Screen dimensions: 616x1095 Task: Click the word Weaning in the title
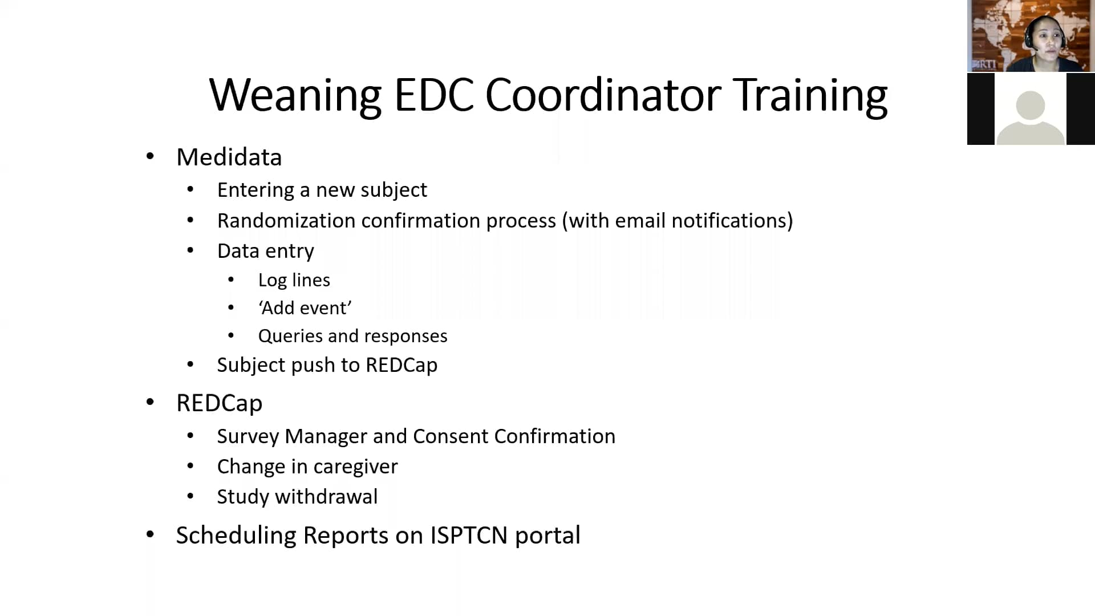295,95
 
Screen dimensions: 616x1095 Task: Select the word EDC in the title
433,95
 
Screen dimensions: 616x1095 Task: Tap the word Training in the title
810,95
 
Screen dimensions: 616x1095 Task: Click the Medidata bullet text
229,157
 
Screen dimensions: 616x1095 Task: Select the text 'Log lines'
294,280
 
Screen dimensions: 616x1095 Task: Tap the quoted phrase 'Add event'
305,308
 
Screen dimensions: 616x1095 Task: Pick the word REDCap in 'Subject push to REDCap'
401,365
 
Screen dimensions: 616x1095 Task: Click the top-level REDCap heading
219,403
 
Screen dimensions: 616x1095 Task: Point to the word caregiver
355,467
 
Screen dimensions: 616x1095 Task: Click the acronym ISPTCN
469,536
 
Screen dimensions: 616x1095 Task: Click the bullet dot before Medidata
150,156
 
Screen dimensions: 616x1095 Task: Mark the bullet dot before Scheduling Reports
150,534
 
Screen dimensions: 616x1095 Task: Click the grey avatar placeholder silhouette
1031,117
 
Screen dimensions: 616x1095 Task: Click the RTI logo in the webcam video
984,64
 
